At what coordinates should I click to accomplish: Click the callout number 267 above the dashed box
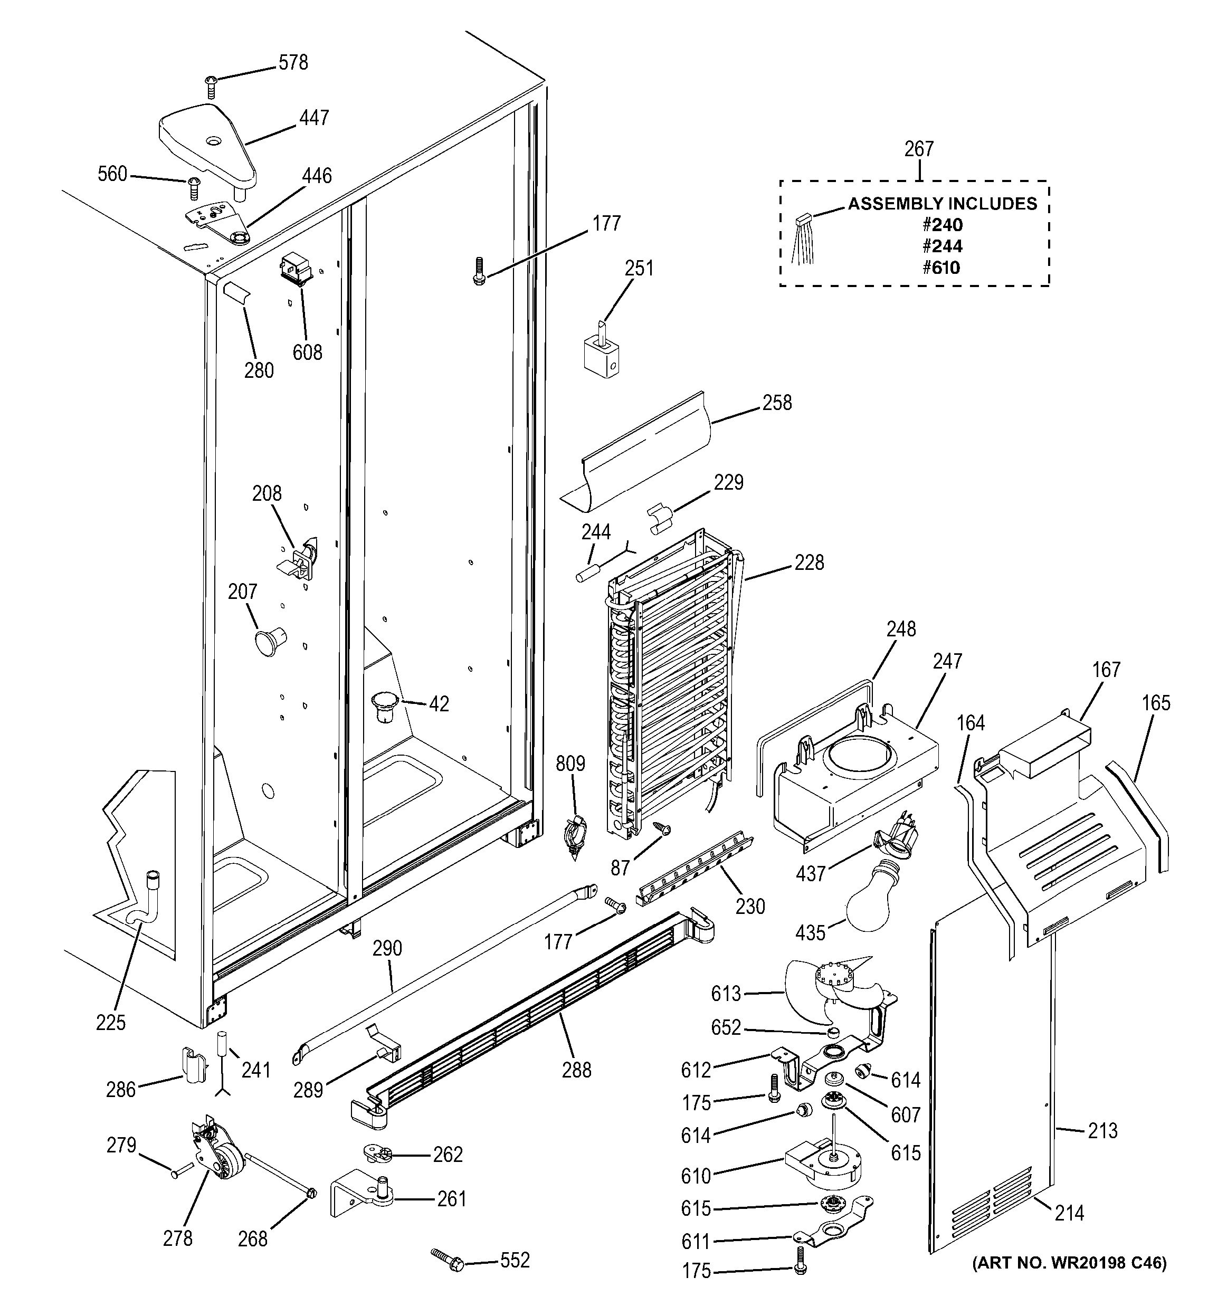tap(918, 149)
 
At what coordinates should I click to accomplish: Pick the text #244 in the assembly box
tap(942, 246)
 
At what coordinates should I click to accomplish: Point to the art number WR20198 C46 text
tap(1069, 1263)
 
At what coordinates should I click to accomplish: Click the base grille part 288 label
tap(576, 1070)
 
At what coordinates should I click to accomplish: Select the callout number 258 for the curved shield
tap(777, 403)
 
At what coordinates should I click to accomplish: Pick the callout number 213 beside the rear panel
tap(1102, 1131)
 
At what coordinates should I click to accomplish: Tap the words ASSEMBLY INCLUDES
tap(942, 204)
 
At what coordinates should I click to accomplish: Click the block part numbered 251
tap(601, 355)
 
